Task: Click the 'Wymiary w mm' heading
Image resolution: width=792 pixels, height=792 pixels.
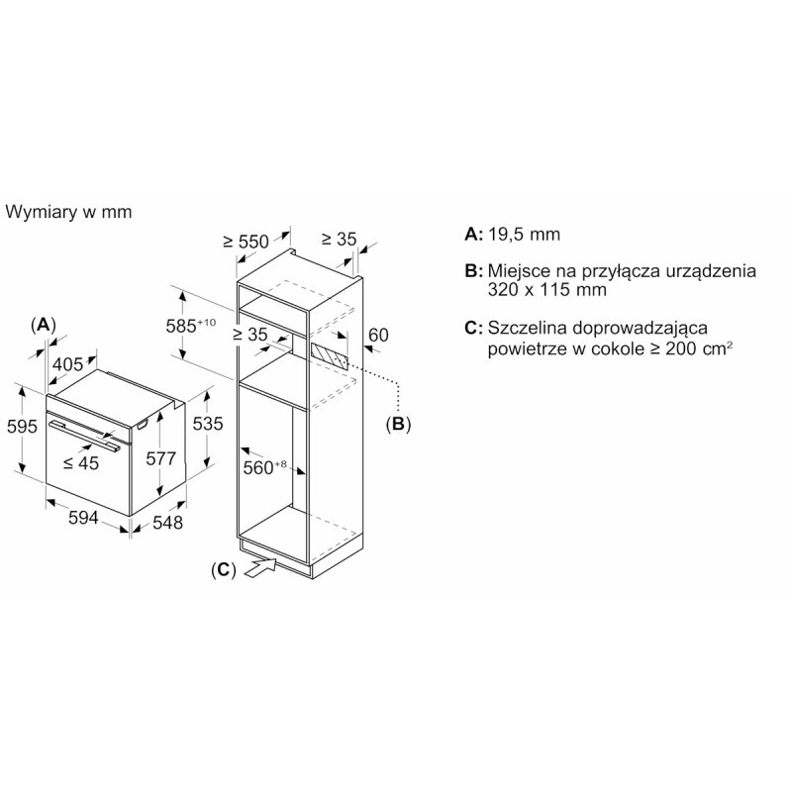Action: pyautogui.click(x=68, y=212)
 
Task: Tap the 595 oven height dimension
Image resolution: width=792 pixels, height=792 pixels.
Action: pyautogui.click(x=22, y=427)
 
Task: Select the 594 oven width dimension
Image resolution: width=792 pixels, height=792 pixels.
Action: pyautogui.click(x=83, y=517)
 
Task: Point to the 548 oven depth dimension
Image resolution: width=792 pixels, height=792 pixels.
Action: pyautogui.click(x=167, y=523)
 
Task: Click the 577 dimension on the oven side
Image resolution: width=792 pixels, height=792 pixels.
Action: pyautogui.click(x=161, y=458)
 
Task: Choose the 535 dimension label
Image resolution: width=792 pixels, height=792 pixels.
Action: pyautogui.click(x=208, y=424)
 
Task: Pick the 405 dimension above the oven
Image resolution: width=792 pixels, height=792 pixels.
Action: pyautogui.click(x=67, y=363)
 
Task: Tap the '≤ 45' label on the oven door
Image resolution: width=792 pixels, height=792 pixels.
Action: pyautogui.click(x=81, y=462)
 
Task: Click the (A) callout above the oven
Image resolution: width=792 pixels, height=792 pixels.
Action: pyautogui.click(x=43, y=325)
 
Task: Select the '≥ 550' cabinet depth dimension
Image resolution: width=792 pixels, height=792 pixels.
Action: pyautogui.click(x=246, y=242)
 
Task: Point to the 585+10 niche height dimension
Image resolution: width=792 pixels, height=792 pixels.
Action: pyautogui.click(x=191, y=326)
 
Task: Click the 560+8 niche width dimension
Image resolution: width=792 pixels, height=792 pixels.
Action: pyautogui.click(x=264, y=467)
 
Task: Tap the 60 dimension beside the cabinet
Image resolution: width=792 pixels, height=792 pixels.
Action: pyautogui.click(x=378, y=335)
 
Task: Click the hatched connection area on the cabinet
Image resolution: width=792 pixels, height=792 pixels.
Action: pyautogui.click(x=330, y=357)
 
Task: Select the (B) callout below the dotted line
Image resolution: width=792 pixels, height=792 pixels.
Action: pyautogui.click(x=399, y=424)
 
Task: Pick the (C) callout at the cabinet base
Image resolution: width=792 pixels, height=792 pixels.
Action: pyautogui.click(x=224, y=570)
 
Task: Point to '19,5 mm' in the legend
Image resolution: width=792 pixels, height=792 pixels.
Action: pyautogui.click(x=525, y=235)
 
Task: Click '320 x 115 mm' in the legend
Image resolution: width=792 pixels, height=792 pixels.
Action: pyautogui.click(x=547, y=289)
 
